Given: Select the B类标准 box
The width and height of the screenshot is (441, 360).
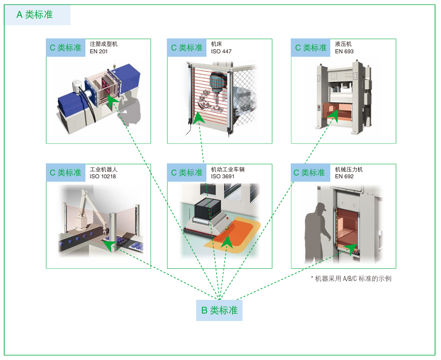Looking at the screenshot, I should point(219,310).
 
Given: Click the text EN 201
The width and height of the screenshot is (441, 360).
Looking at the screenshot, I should point(99,52).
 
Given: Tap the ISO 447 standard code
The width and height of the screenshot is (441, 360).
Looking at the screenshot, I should point(221,52).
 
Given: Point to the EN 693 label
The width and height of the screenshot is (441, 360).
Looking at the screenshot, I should point(344,52).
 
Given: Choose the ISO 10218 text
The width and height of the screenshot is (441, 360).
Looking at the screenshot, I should point(103,177).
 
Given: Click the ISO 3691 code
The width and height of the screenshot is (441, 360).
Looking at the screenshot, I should point(223,177).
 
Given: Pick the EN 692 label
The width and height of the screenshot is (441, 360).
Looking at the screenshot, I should point(344,177).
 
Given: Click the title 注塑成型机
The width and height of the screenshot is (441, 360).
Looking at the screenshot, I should point(104,44).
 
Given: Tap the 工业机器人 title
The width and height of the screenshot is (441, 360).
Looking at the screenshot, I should point(104,169).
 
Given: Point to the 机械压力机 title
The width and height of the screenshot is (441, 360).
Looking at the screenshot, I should point(349,169).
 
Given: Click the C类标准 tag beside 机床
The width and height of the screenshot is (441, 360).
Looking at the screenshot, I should point(187,48).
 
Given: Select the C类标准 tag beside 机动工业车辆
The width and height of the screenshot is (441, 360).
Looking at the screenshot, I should point(187,173).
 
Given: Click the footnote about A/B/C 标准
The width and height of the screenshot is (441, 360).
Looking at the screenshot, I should point(351,279).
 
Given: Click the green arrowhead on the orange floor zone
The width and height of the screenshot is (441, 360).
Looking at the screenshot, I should point(227,241).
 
